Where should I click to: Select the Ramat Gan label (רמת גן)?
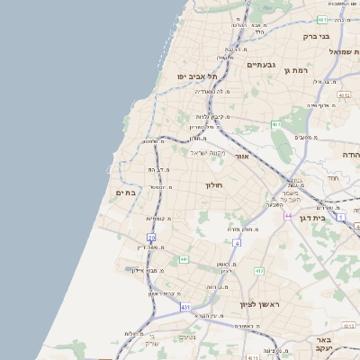[x=295, y=70]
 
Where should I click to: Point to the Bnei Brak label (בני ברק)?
[x=315, y=37]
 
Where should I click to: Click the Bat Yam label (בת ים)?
[x=125, y=193]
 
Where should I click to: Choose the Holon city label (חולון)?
[x=213, y=184]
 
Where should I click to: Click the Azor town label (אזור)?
[x=241, y=157]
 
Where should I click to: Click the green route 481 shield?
[x=322, y=19]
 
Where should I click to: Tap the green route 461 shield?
[x=276, y=124]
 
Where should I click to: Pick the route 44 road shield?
[x=288, y=216]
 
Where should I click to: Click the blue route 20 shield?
[x=151, y=238]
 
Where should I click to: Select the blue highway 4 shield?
[x=237, y=243]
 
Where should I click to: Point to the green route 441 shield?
[x=183, y=259]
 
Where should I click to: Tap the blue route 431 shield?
[x=185, y=307]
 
